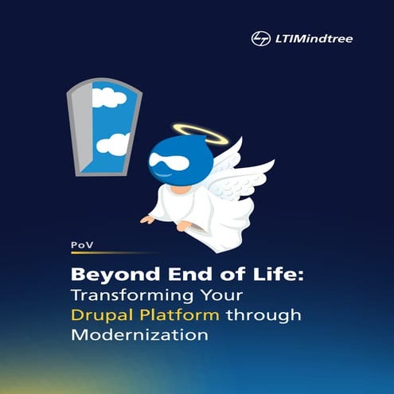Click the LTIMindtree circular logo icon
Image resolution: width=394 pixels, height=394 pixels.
pos(259,38)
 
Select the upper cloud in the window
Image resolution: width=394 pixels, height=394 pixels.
pos(108,98)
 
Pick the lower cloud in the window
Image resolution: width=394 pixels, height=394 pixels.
pos(114,144)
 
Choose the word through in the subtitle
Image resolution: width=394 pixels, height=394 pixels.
pos(264,316)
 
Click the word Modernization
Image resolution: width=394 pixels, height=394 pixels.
pos(140,335)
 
